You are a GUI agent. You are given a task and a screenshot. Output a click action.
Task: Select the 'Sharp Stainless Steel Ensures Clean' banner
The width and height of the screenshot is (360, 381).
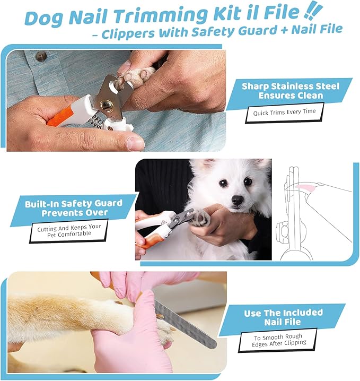point(289,91)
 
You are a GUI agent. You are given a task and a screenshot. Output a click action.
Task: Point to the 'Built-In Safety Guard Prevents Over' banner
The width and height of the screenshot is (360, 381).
point(73,208)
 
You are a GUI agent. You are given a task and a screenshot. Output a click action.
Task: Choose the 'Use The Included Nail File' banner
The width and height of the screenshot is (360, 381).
point(283,317)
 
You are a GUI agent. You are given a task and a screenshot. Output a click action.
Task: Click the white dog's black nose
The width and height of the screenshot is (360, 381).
point(237,200)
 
